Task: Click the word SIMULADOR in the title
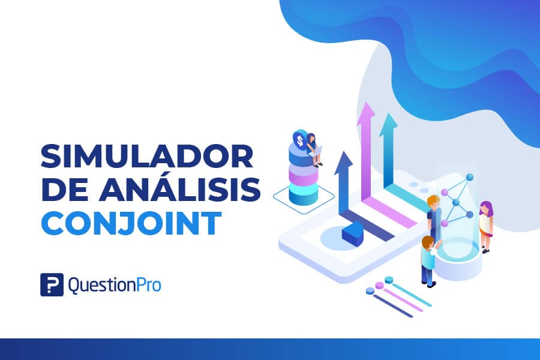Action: (x=148, y=156)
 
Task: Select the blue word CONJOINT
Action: (x=131, y=223)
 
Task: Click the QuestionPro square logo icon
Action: (x=52, y=284)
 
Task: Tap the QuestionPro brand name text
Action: (x=115, y=285)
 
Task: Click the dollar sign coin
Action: (x=299, y=140)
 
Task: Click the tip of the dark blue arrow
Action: (x=343, y=152)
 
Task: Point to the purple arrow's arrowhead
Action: (x=366, y=113)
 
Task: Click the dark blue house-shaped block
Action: (x=353, y=234)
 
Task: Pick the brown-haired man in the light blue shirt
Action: (x=429, y=261)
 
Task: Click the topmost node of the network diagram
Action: (x=470, y=178)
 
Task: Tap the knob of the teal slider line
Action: (x=389, y=280)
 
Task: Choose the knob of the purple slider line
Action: (x=380, y=285)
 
